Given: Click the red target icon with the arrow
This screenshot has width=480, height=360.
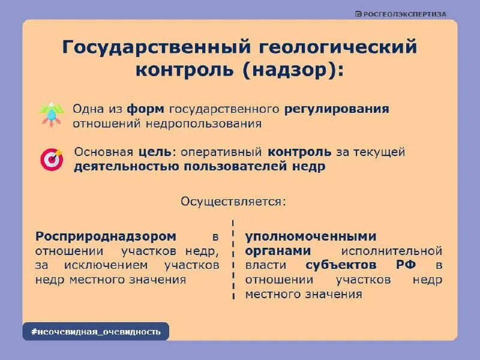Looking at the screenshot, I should tap(52, 160).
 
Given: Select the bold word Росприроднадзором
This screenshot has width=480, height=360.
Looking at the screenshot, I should tap(106, 236).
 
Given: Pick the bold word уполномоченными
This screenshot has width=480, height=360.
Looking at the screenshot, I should tap(311, 236).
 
